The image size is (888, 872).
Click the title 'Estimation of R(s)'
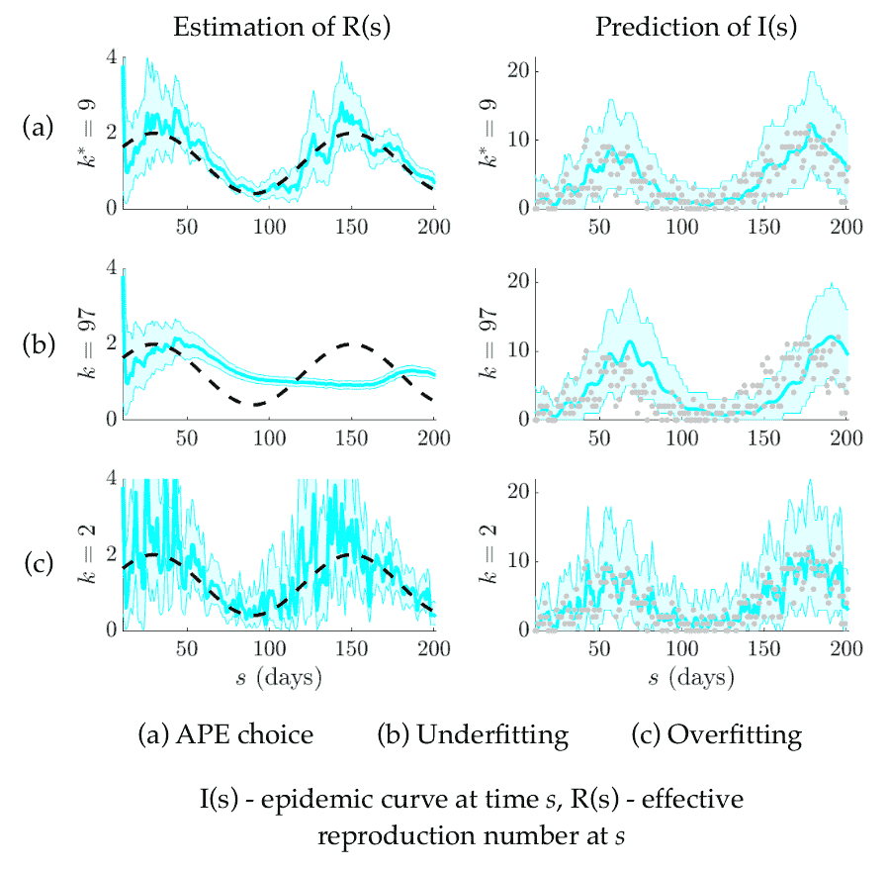click(282, 29)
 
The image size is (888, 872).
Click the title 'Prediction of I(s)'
click(696, 29)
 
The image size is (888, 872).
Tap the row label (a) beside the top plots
click(41, 128)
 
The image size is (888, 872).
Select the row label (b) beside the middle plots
click(41, 340)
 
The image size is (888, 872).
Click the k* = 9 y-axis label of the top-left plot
click(90, 133)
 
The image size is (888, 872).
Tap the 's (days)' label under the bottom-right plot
click(692, 679)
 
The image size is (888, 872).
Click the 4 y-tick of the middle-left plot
click(110, 266)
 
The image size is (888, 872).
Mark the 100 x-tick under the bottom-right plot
click(679, 649)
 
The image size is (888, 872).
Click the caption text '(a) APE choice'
click(226, 735)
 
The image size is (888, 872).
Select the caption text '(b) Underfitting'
click(473, 735)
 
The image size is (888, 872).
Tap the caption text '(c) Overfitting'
click(717, 735)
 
